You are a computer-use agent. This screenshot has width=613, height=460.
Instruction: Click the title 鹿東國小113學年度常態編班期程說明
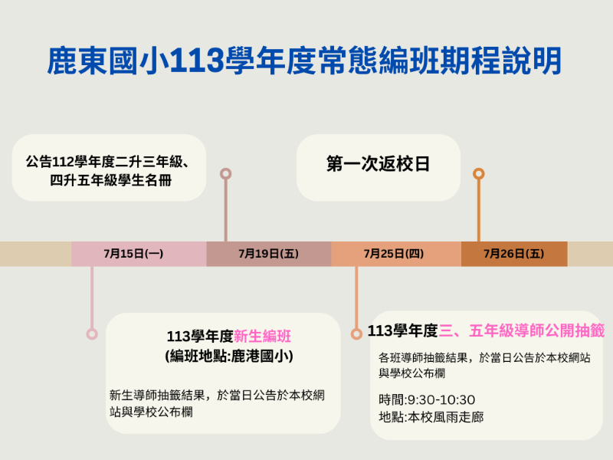coord(305,61)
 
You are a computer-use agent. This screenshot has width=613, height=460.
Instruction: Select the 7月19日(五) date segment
coord(268,253)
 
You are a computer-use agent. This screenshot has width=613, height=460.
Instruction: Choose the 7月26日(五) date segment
coord(513,253)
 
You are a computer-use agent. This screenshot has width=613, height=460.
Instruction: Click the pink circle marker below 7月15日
coord(92,333)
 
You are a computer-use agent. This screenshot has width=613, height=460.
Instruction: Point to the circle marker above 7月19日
coord(225,173)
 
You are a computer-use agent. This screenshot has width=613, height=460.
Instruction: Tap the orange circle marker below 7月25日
coord(356,333)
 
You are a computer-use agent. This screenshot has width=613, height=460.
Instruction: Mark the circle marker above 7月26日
coord(479,173)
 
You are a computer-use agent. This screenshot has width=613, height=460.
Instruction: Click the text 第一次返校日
coord(378,165)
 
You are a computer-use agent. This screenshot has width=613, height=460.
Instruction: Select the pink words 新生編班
coord(262,336)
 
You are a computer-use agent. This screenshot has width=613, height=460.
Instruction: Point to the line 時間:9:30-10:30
coord(427,399)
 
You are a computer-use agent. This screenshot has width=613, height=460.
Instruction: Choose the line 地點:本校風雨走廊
coord(431,417)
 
